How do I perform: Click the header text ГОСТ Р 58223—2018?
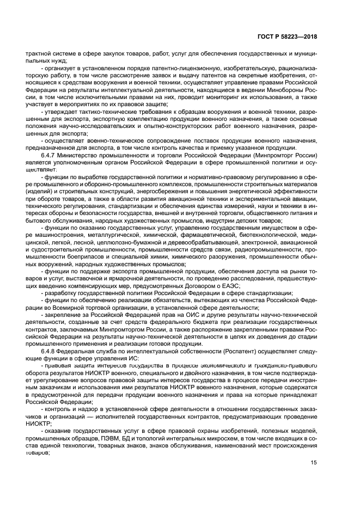[288, 38]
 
